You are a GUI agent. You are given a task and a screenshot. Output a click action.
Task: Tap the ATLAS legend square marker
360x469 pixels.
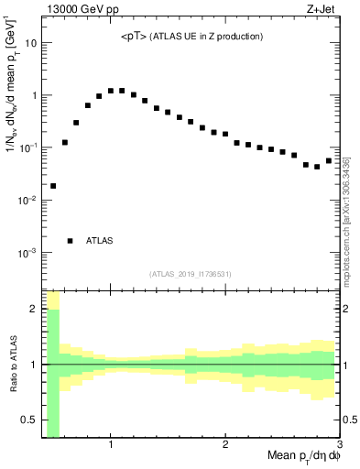pos(71,241)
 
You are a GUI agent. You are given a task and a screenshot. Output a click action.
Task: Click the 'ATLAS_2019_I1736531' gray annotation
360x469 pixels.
pos(191,273)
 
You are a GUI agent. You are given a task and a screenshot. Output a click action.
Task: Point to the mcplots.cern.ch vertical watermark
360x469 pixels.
pos(348,220)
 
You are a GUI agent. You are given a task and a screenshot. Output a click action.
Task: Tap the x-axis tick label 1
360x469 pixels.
pos(110,444)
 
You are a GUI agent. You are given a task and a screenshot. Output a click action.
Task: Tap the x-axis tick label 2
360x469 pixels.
pos(224,444)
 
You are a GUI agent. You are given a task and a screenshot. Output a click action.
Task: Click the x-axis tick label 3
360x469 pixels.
pos(338,444)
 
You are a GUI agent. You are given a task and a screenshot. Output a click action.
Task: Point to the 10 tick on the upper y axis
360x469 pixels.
pos(31,43)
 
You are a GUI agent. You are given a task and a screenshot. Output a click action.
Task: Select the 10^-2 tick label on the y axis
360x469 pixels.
pos(28,200)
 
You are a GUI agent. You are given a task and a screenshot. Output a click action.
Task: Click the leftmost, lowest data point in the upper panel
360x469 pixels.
pos(53,186)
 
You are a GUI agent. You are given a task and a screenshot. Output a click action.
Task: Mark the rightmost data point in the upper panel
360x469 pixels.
pos(328,161)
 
